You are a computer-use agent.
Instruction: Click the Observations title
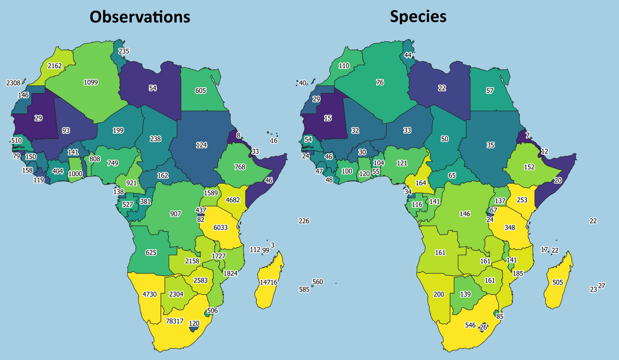pos(140,17)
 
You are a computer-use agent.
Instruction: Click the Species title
pos(418,16)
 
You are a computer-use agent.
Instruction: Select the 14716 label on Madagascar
pos(268,282)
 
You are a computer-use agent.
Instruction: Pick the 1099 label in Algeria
pos(90,82)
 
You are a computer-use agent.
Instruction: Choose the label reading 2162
pos(55,65)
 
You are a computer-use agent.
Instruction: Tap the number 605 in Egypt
pos(201,90)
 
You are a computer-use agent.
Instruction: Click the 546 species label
pos(457,325)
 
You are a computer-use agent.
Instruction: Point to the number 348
pos(510,227)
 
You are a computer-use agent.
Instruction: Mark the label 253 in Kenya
pos(522,199)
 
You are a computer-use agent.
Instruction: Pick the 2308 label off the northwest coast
pos(13,83)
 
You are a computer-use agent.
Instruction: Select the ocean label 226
pos(304,221)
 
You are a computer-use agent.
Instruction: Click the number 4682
pos(232,199)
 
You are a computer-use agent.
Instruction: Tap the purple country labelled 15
pos(328,118)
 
